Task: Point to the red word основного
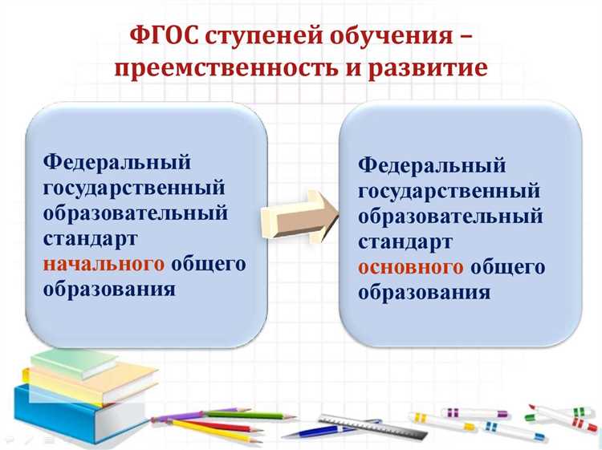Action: click(411, 267)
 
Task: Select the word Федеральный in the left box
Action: click(117, 163)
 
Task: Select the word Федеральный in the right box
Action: click(432, 165)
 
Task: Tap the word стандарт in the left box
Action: click(90, 239)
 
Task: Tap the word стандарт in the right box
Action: click(405, 241)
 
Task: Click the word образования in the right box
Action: click(424, 292)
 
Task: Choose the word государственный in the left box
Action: click(133, 188)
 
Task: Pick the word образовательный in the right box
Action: click(450, 217)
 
